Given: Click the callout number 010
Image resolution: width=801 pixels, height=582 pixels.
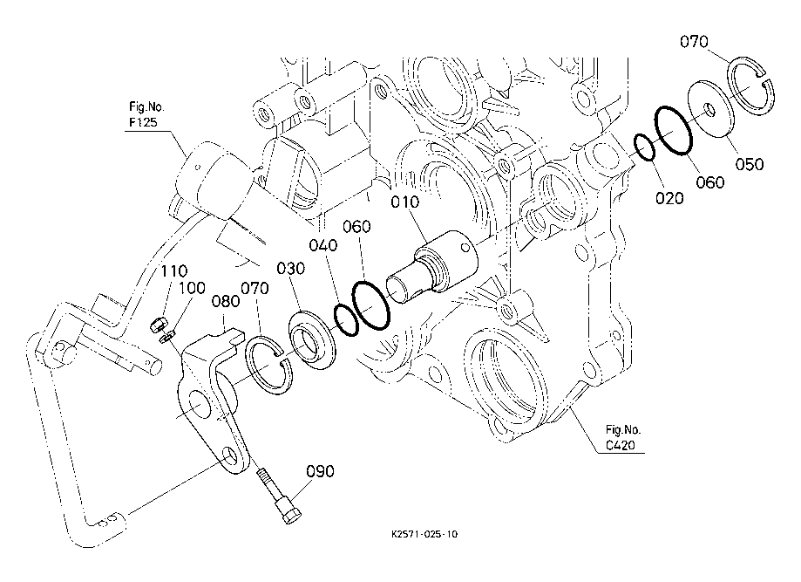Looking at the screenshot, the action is (x=404, y=202).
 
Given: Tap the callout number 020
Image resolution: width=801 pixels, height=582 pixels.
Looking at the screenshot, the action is (x=669, y=198).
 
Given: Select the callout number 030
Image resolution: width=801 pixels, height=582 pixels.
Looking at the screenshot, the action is (x=290, y=268).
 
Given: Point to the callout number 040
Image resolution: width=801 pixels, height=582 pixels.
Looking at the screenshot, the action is (x=322, y=245).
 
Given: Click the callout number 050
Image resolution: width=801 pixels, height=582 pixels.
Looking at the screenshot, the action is (x=750, y=164).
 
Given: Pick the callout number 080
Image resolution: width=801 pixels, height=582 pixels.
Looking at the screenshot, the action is (x=226, y=301).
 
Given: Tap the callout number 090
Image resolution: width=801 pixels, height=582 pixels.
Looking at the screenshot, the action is (x=320, y=471).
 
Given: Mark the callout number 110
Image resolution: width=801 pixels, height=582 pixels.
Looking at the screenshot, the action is (x=174, y=271).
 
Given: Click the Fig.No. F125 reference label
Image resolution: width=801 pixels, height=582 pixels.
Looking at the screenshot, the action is (x=146, y=114).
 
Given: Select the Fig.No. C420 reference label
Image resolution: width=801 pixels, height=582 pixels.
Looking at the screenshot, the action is (x=623, y=437).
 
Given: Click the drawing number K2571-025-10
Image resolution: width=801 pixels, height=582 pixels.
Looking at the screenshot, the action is (x=424, y=534).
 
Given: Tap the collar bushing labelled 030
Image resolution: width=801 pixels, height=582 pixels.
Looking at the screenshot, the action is (x=312, y=340).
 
